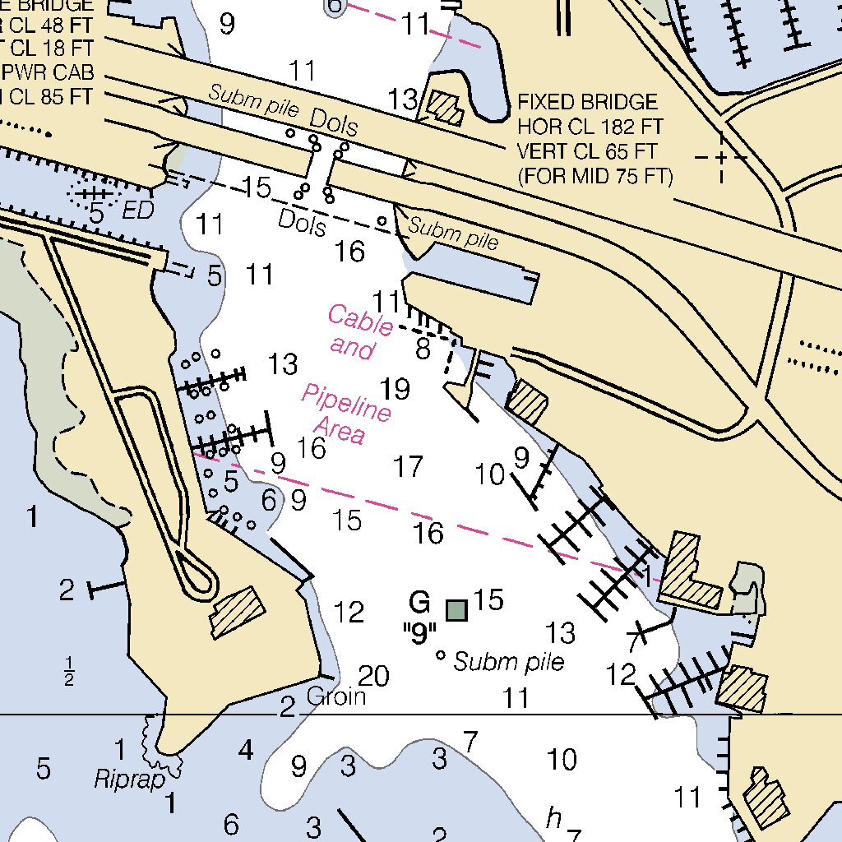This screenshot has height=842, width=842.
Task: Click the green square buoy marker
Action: (x=456, y=609)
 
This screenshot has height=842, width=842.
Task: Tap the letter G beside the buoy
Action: (x=419, y=604)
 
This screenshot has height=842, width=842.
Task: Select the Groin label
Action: (x=335, y=697)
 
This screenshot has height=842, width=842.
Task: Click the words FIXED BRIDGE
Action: (x=587, y=103)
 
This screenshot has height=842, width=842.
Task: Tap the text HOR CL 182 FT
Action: (x=590, y=127)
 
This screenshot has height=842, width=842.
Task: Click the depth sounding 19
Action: (x=395, y=388)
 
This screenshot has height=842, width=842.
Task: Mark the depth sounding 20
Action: (x=373, y=676)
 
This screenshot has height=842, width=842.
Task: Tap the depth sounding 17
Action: (x=408, y=467)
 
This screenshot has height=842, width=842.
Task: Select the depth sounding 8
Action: (x=423, y=349)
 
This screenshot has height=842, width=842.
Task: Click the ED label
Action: (x=138, y=211)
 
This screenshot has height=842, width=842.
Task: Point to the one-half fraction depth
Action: (x=69, y=671)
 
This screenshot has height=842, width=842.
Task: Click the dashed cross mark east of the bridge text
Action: (x=721, y=156)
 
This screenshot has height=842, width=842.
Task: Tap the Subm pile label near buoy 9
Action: (x=509, y=662)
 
